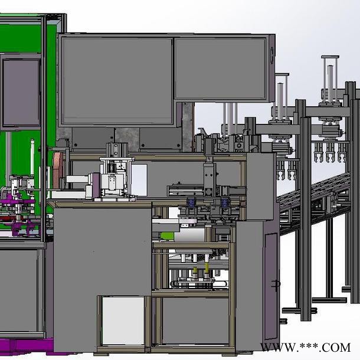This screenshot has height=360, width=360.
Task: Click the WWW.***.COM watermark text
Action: click(305, 347)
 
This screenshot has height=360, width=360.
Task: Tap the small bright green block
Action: click(167, 236)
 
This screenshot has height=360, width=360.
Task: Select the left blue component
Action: click(191, 203)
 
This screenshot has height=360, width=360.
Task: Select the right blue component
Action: click(224, 203)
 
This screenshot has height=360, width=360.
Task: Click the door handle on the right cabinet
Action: click(276, 284)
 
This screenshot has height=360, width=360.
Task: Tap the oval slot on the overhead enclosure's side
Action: click(272, 55)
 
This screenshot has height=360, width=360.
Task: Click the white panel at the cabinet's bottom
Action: click(123, 320)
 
